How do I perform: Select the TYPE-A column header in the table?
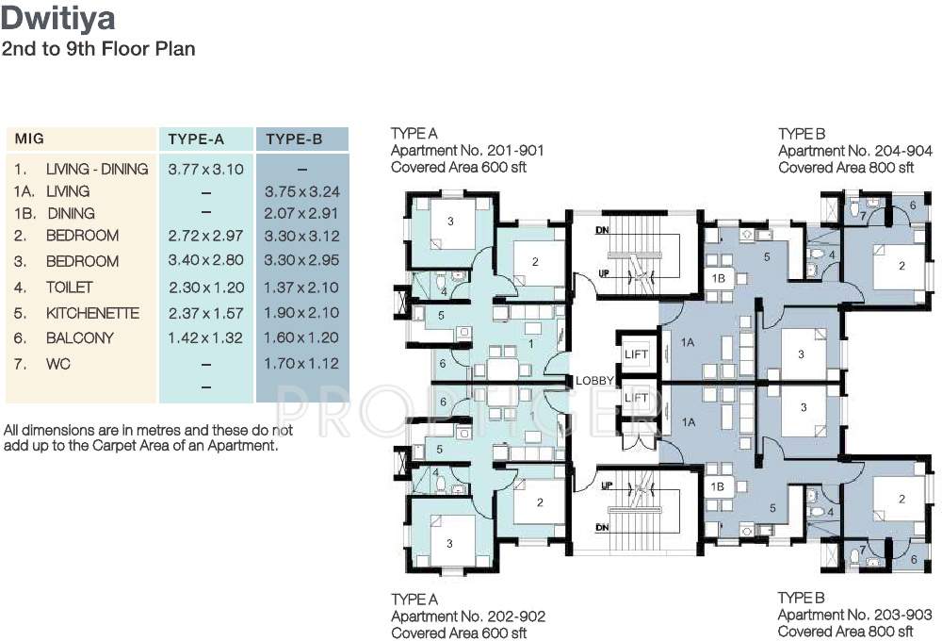(196, 140)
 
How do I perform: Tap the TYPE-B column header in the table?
(294, 140)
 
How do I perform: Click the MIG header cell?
(29, 140)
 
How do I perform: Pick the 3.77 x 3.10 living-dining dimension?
(205, 169)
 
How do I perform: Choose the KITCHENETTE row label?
(92, 313)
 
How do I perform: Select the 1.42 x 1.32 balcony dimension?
(205, 337)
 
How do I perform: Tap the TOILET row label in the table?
(70, 287)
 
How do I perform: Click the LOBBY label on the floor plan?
(595, 381)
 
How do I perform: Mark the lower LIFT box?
(636, 399)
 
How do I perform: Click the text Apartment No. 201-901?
(467, 151)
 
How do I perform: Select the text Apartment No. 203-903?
(854, 615)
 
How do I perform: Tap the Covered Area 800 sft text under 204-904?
(846, 168)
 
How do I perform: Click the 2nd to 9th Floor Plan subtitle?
(98, 49)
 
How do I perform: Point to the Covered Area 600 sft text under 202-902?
(459, 633)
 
